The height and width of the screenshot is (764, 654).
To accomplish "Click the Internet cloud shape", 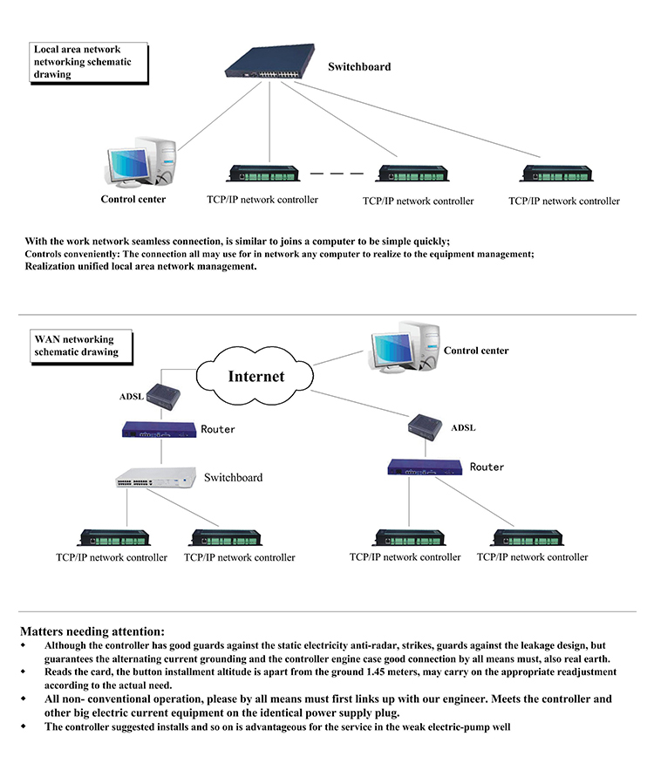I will [x=255, y=377].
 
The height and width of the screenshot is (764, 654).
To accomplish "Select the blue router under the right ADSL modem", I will [x=425, y=467].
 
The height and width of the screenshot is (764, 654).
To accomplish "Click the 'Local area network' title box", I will [x=88, y=62].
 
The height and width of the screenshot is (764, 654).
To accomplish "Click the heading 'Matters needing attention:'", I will [x=92, y=631].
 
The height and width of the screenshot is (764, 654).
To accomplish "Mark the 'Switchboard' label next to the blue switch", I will [x=359, y=66].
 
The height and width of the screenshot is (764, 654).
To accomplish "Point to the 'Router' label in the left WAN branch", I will [x=218, y=429].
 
